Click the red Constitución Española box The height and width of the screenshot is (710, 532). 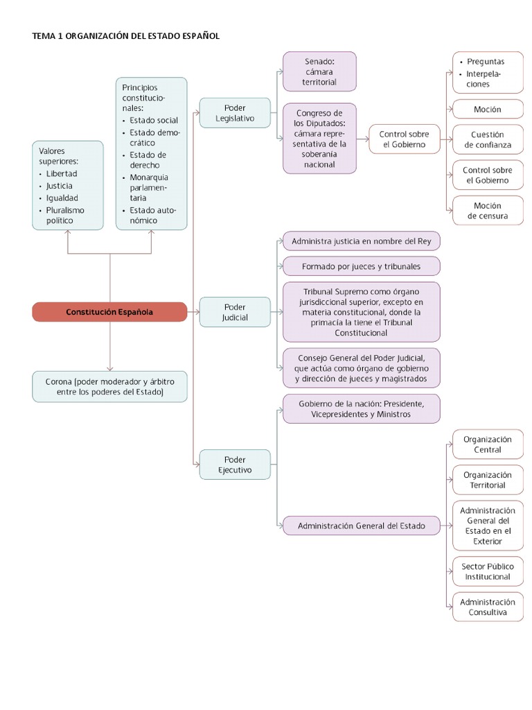(x=109, y=312)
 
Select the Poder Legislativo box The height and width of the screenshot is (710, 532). (x=235, y=113)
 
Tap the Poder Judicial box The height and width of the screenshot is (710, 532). (x=235, y=312)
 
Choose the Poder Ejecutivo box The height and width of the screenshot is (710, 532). (x=235, y=465)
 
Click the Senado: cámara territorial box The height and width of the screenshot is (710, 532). (x=319, y=71)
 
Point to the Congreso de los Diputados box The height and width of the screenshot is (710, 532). (x=319, y=139)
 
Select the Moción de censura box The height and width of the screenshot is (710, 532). (x=488, y=211)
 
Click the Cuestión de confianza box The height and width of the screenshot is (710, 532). (x=488, y=139)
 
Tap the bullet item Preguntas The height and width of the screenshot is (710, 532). (x=486, y=62)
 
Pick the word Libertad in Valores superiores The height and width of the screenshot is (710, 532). (x=62, y=173)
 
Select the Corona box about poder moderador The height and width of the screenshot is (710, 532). (x=109, y=386)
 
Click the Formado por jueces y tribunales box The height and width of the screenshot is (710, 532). (x=361, y=266)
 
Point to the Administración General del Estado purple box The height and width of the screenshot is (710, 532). (x=361, y=526)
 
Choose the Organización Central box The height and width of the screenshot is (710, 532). (x=488, y=444)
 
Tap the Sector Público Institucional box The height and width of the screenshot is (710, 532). (x=488, y=571)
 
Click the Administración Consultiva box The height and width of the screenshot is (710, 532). (x=488, y=607)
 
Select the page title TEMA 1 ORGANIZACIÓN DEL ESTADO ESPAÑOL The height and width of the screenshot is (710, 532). (x=126, y=35)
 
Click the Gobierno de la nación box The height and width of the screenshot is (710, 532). (x=361, y=408)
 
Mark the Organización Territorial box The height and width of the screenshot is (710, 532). (x=488, y=480)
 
